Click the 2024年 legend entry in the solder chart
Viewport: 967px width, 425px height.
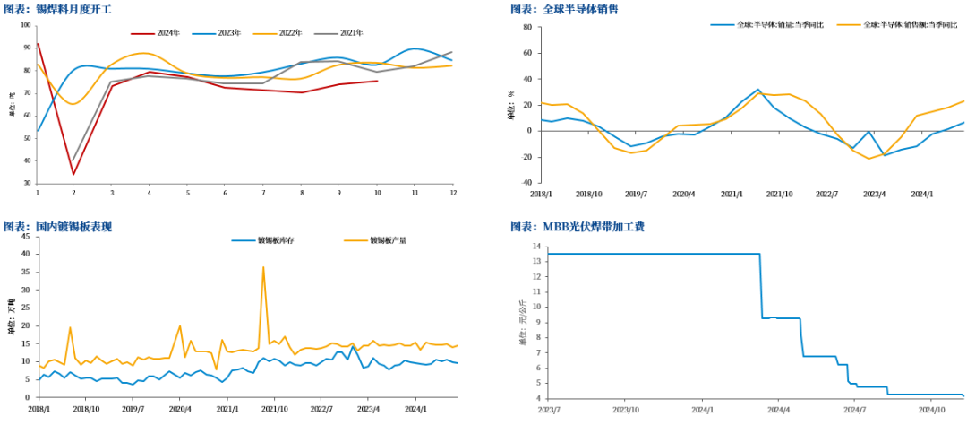click(160, 32)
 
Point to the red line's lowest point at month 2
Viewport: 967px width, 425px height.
click(73, 174)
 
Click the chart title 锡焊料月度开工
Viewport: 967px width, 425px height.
click(58, 10)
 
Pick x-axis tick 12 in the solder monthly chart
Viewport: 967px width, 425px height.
click(452, 193)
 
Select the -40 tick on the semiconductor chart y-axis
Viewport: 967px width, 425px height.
click(526, 182)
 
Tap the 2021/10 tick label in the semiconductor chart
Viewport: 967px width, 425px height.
click(780, 193)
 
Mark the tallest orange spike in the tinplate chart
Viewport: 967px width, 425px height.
click(263, 267)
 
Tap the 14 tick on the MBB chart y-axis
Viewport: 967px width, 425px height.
click(536, 247)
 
